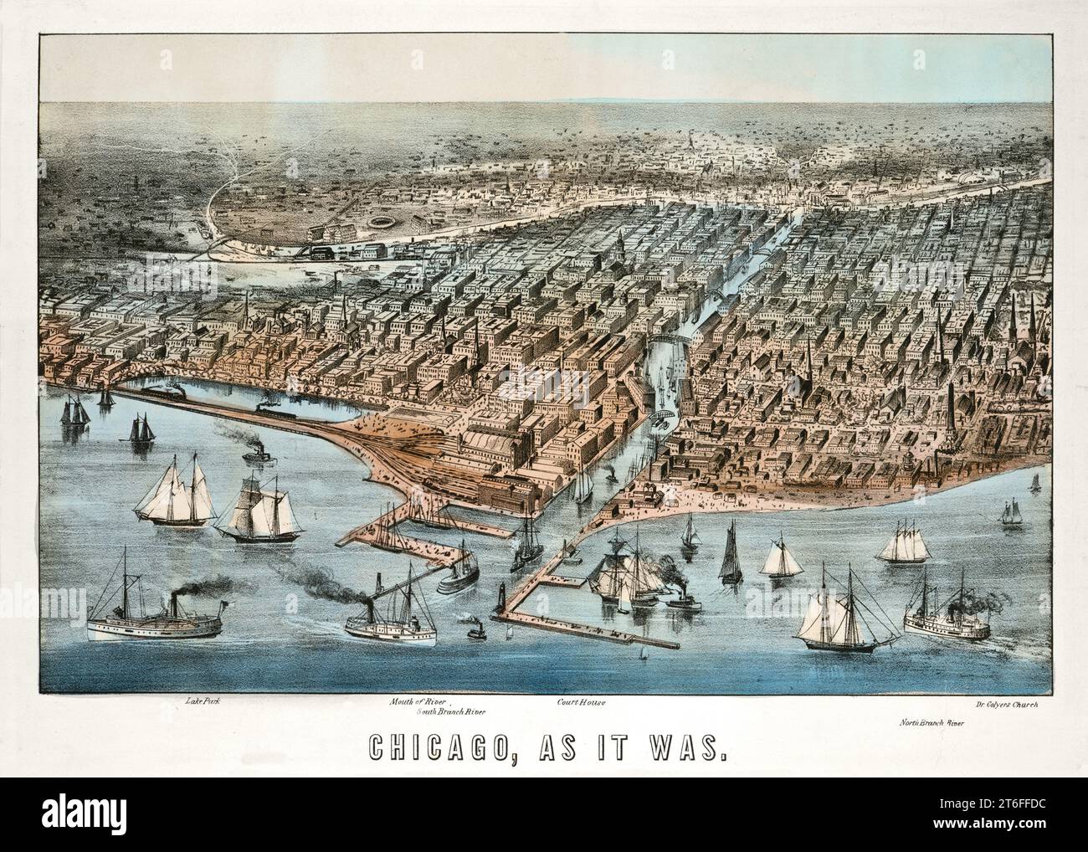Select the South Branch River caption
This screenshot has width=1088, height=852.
pyautogui.click(x=451, y=711)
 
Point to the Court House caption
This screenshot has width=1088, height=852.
pyautogui.click(x=581, y=702)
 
